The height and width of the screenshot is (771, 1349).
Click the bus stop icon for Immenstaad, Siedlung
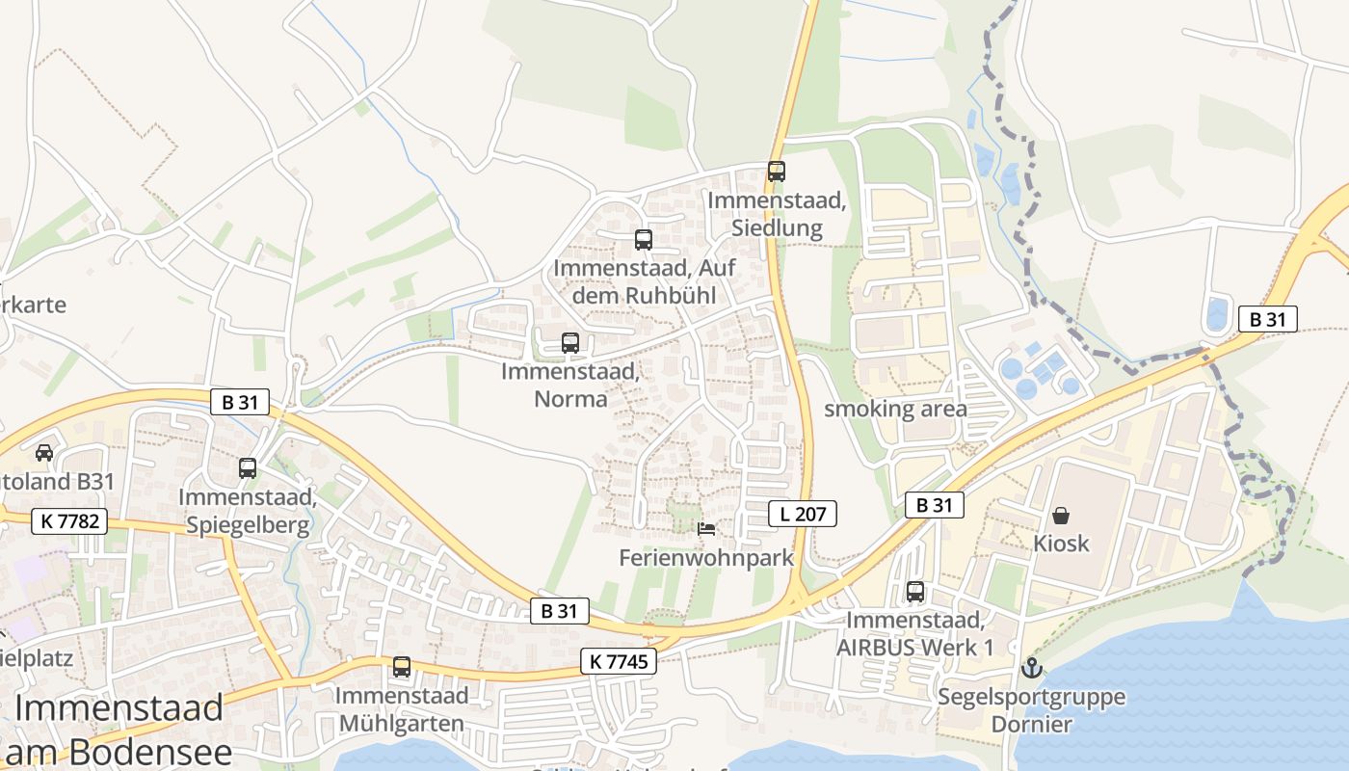776,172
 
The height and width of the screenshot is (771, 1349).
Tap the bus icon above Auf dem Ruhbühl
643,240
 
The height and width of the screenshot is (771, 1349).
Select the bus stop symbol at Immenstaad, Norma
569,342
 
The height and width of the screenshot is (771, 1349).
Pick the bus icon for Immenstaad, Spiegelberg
248,468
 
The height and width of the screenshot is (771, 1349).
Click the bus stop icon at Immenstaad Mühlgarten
401,666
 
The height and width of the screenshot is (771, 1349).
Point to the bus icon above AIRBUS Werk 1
914,592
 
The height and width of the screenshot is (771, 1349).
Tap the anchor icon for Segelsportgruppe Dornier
1032,667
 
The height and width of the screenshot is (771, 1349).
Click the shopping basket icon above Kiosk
1060,516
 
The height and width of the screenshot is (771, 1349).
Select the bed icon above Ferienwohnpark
706,529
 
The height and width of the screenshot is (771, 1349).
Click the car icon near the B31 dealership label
44,452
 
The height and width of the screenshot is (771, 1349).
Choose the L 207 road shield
802,514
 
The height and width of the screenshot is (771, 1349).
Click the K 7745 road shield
619,660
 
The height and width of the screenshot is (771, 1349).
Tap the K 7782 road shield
68,521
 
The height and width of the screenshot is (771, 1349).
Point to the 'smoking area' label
895,409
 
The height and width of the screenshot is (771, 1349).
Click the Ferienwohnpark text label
706,557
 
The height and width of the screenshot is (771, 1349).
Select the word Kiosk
1061,543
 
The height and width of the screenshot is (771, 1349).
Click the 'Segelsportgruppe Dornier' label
1031,709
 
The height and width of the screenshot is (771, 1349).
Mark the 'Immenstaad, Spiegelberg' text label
248,511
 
